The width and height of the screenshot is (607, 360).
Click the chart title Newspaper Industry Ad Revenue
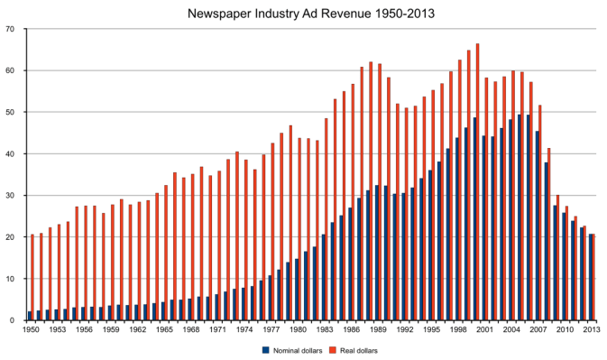coord(303,14)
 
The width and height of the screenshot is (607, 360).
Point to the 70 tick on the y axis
coord(10,29)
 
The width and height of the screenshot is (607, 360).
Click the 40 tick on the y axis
coord(10,153)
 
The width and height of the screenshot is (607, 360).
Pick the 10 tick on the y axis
coord(10,279)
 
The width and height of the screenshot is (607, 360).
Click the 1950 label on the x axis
coord(32,330)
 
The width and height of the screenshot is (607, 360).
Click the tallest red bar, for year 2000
coord(477,180)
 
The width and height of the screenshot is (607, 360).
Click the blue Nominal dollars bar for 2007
coord(538,226)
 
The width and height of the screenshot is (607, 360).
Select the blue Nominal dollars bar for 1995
coord(429,245)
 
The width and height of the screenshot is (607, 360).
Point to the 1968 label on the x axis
coord(191,330)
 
